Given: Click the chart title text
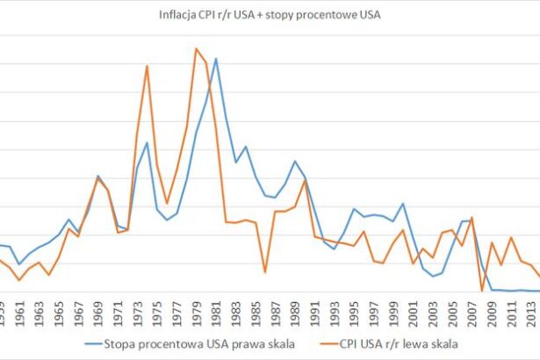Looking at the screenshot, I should (x=270, y=14).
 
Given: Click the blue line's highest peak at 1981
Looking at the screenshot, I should (x=216, y=59).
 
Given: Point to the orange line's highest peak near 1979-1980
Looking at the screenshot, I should (x=196, y=48).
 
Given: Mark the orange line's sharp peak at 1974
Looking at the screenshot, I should (x=147, y=66).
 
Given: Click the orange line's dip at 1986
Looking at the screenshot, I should (x=265, y=272).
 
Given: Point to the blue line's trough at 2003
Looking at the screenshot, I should (x=433, y=277).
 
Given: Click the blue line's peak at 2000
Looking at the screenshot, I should (x=403, y=204).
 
